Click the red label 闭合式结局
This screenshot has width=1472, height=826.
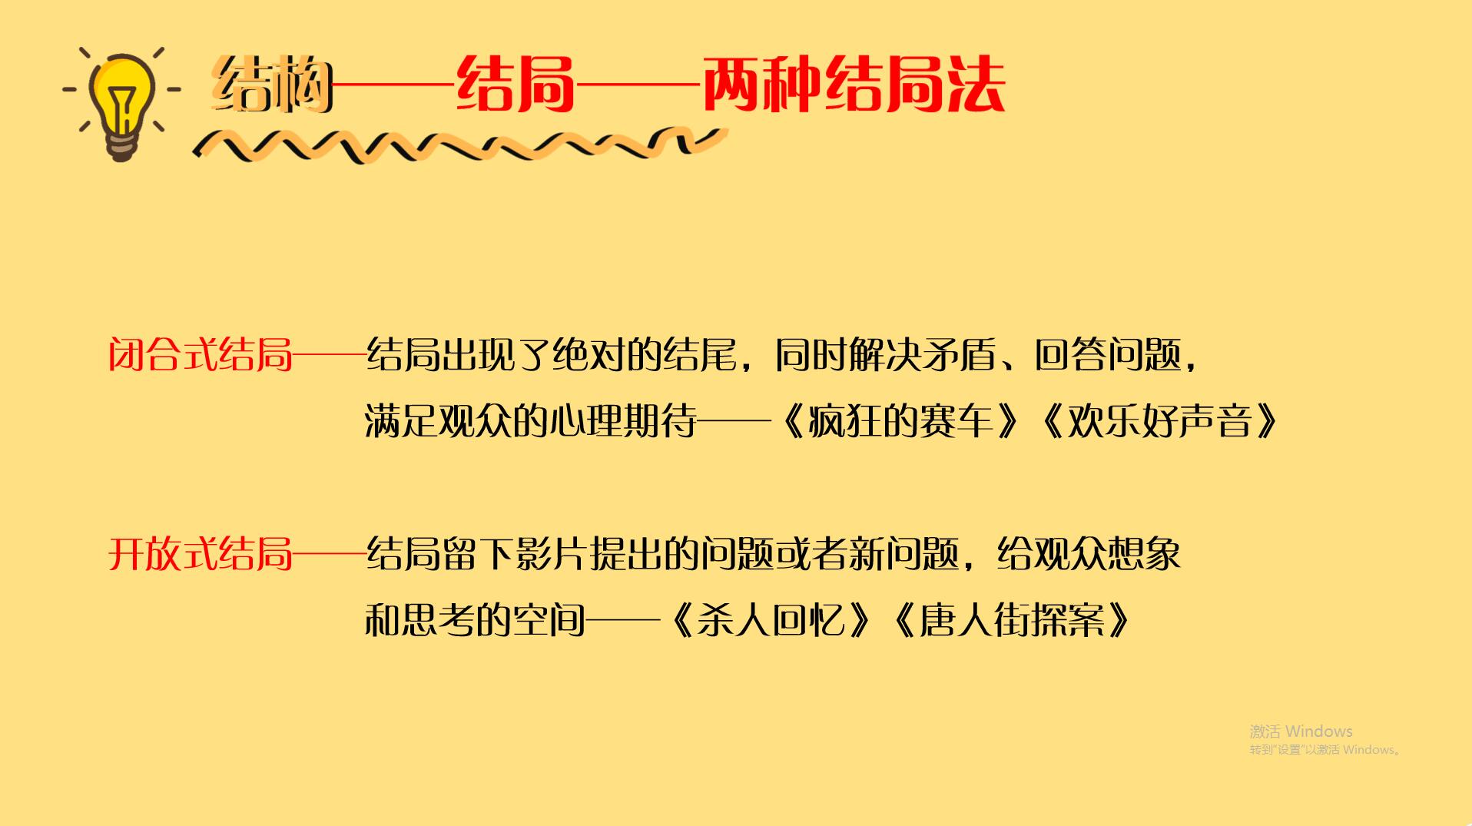click(201, 355)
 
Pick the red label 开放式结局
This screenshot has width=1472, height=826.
click(201, 553)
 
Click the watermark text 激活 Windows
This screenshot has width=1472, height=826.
click(1300, 731)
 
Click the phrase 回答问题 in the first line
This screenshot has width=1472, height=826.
click(1107, 355)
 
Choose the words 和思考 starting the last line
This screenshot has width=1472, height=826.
click(419, 619)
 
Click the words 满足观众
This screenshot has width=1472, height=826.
click(438, 421)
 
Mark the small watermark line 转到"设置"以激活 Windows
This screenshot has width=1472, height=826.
click(1324, 750)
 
